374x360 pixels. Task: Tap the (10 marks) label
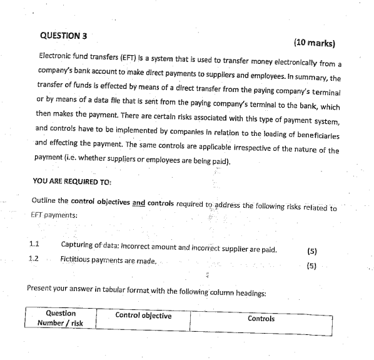coord(314,43)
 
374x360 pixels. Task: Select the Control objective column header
coord(143,316)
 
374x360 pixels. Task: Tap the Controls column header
coord(261,319)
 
